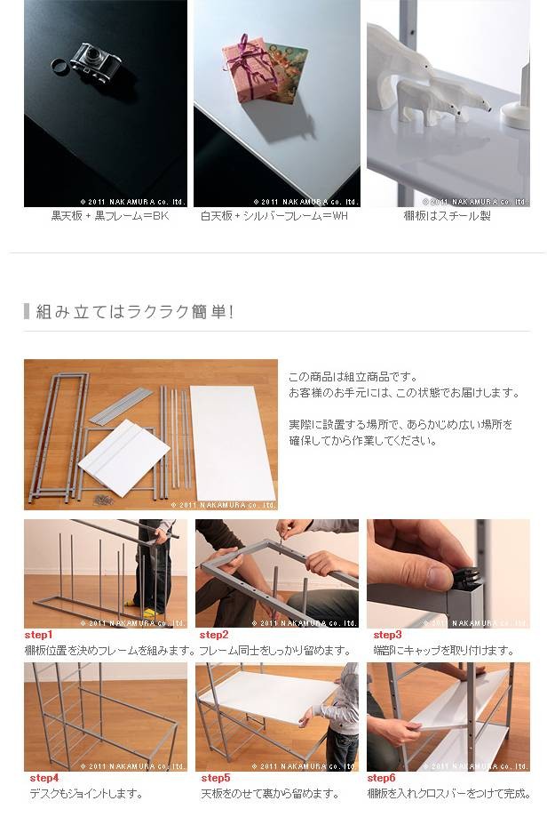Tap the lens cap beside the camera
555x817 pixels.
(59, 65)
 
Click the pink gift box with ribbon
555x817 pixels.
(248, 68)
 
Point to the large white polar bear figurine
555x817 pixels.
(400, 67)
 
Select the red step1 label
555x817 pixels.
(38, 635)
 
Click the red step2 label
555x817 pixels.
(214, 635)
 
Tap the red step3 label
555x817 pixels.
(387, 635)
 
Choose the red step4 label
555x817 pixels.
(44, 778)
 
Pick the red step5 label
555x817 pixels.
(216, 778)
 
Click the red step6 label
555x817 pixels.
(381, 778)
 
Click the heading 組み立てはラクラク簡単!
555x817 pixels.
(134, 311)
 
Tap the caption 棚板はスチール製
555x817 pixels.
(448, 216)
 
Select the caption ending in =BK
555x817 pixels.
(110, 216)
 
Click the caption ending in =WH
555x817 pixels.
(274, 216)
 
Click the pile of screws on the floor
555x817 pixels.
(103, 500)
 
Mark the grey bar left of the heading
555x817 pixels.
(27, 311)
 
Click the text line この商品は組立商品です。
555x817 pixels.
(353, 377)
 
